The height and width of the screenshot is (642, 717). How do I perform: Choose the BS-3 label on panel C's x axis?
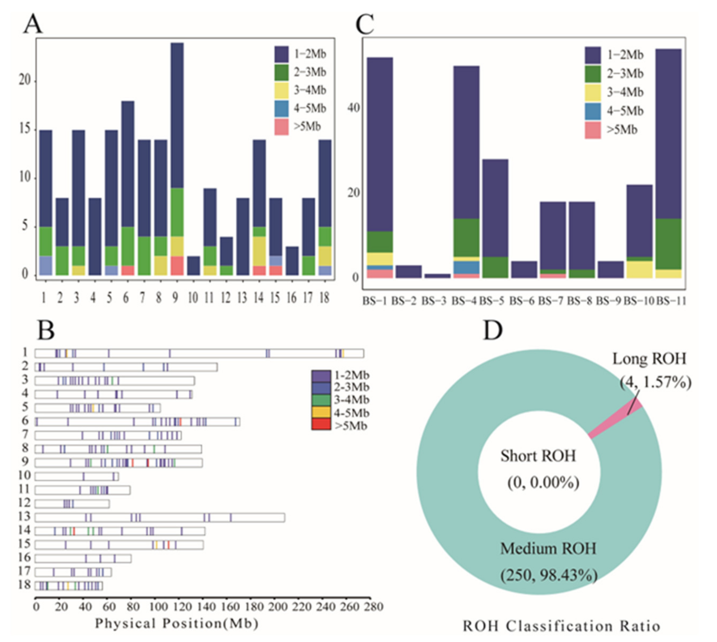point(434,301)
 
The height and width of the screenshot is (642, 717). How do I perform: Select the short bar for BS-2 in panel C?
point(408,271)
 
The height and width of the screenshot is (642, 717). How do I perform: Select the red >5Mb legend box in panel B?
point(321,424)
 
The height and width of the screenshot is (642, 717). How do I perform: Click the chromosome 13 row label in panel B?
point(25,517)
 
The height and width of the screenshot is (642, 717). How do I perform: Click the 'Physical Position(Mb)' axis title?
point(177,623)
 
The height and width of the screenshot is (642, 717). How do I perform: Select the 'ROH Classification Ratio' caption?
point(561,626)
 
